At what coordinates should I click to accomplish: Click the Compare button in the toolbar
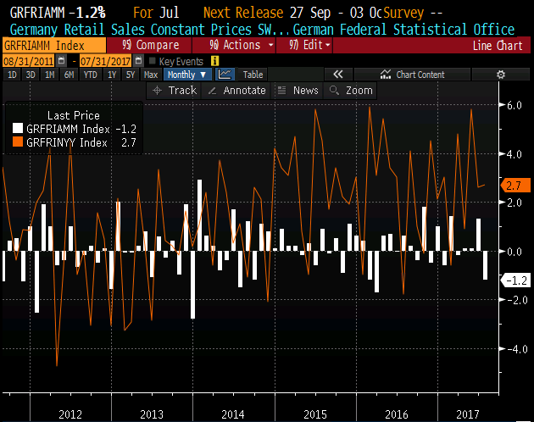tap(150, 45)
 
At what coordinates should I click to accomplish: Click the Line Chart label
tap(496, 46)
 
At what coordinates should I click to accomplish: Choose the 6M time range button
tap(69, 75)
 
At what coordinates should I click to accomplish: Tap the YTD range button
tap(90, 75)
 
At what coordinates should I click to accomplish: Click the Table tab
tap(253, 75)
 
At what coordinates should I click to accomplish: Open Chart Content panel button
tap(414, 75)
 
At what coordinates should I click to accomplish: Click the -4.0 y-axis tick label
tap(513, 348)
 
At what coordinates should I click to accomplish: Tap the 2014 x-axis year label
tap(232, 413)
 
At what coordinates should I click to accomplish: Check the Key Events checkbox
tap(152, 61)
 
